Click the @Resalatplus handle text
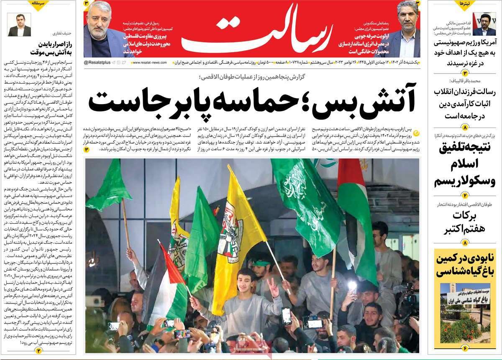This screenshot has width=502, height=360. click(x=97, y=62)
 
